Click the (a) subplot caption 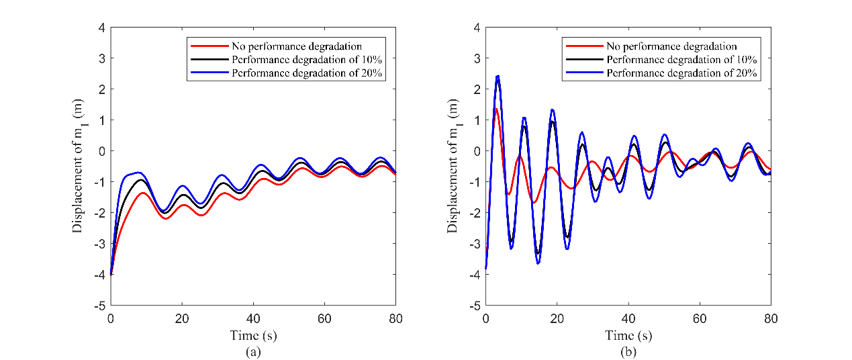(253, 351)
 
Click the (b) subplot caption (628, 351)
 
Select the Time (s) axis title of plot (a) (253, 335)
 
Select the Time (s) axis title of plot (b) (628, 335)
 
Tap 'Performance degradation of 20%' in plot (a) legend (307, 74)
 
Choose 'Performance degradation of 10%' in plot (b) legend (681, 60)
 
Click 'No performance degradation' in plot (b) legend (671, 47)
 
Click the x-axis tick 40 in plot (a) (253, 318)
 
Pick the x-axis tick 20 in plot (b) (557, 318)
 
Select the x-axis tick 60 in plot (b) (699, 318)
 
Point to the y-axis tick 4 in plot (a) (101, 28)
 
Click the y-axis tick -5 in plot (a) (99, 306)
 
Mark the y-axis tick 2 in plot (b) (476, 89)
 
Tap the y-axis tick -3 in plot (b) (474, 244)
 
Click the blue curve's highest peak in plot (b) (497, 76)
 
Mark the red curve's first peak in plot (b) (496, 109)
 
